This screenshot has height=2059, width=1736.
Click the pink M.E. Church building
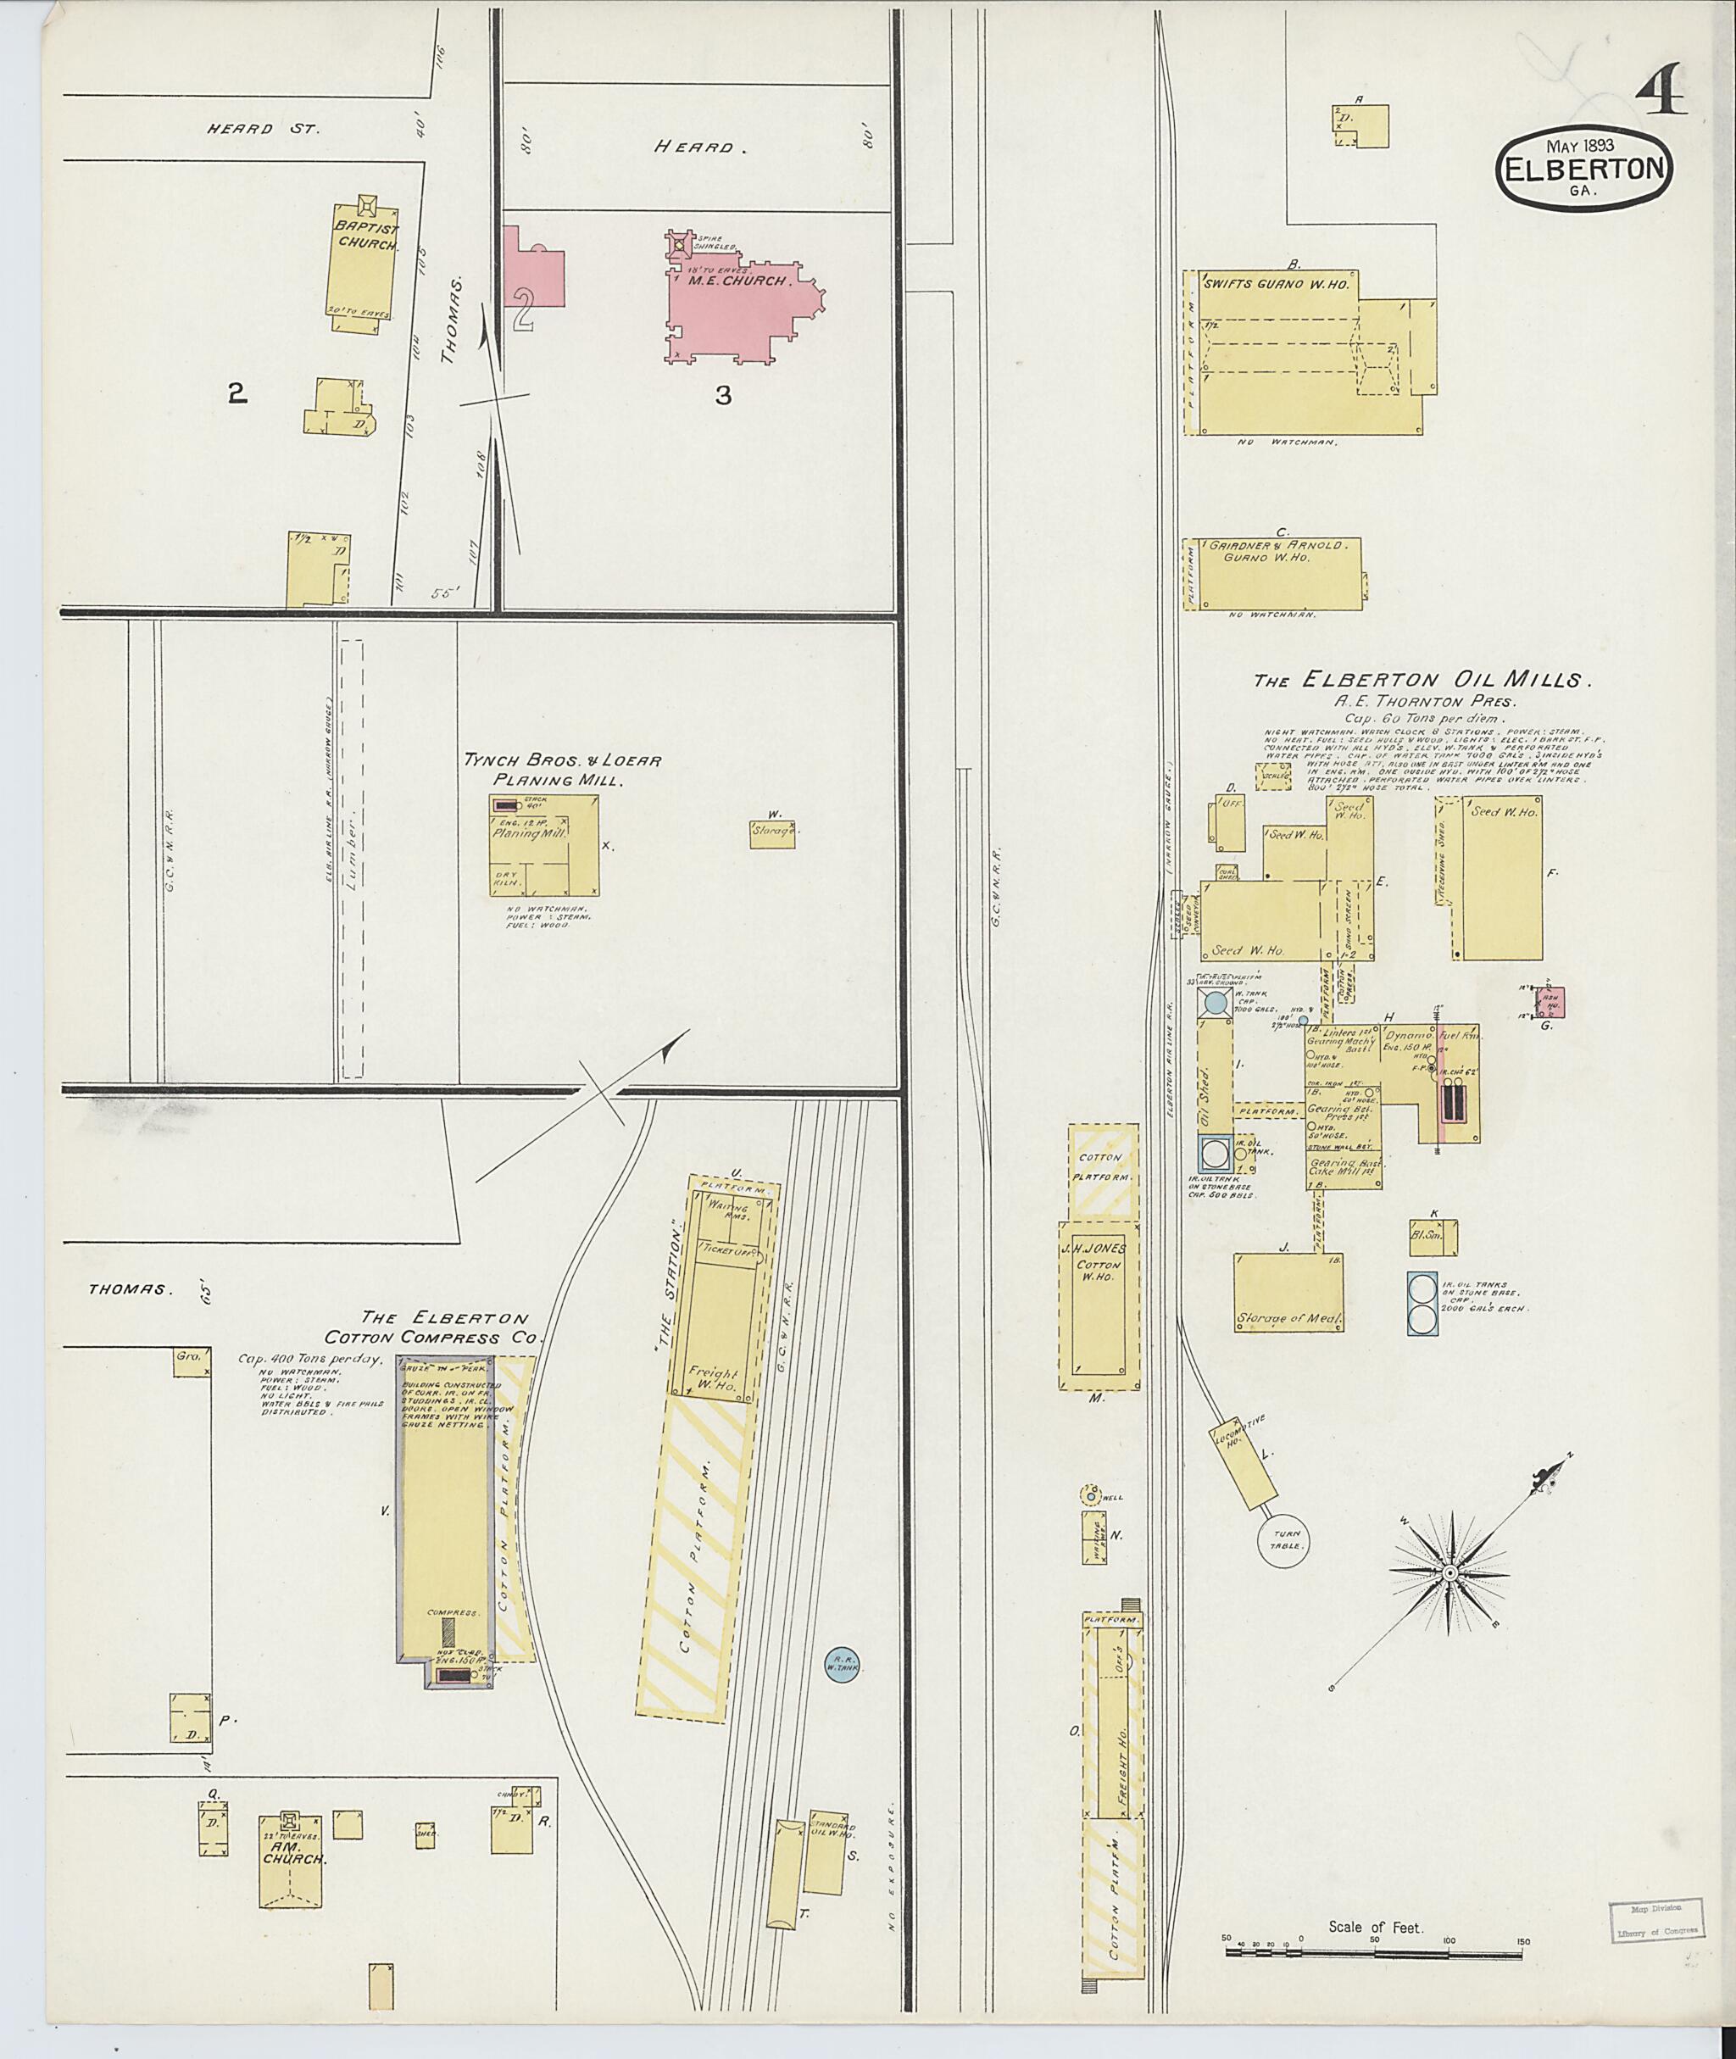coord(738,305)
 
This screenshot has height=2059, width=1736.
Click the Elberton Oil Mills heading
coord(1422,680)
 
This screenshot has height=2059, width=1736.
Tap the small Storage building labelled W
coord(775,833)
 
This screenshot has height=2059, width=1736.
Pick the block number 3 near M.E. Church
coord(723,396)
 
